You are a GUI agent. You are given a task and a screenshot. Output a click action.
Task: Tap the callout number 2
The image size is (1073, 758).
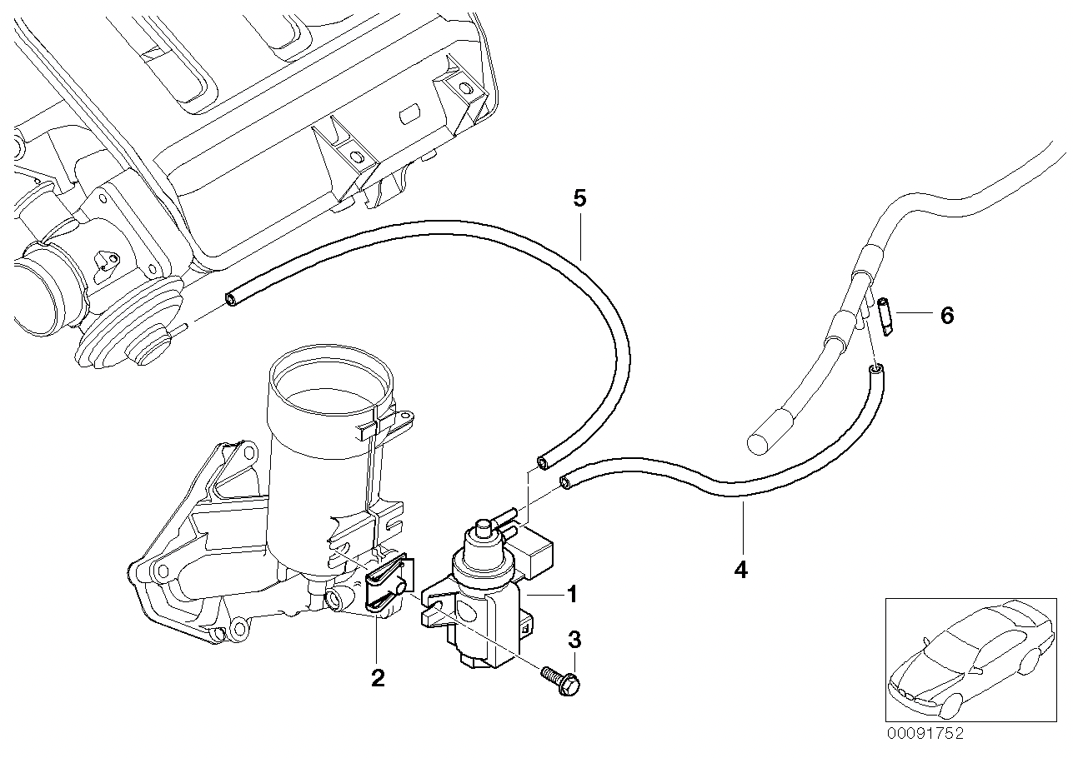tap(378, 678)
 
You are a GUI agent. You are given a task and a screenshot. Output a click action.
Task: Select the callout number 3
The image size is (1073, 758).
tap(574, 640)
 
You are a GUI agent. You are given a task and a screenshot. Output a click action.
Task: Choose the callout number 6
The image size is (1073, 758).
tap(945, 316)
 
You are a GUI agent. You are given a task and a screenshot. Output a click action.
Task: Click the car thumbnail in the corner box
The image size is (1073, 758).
tap(967, 658)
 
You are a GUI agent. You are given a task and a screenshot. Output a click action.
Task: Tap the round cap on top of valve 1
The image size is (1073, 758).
tap(482, 527)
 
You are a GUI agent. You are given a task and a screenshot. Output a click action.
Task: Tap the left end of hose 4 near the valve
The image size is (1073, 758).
tap(567, 481)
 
